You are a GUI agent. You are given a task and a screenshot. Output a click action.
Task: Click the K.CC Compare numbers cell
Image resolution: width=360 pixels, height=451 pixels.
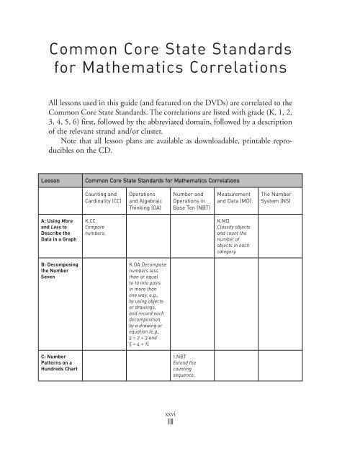coord(96,229)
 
